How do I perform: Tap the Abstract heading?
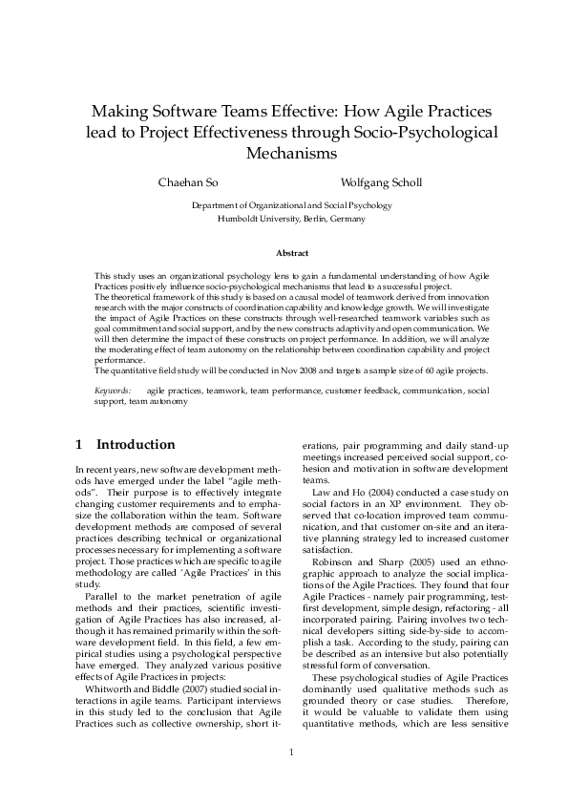(291, 253)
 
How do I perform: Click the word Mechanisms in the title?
(291, 153)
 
